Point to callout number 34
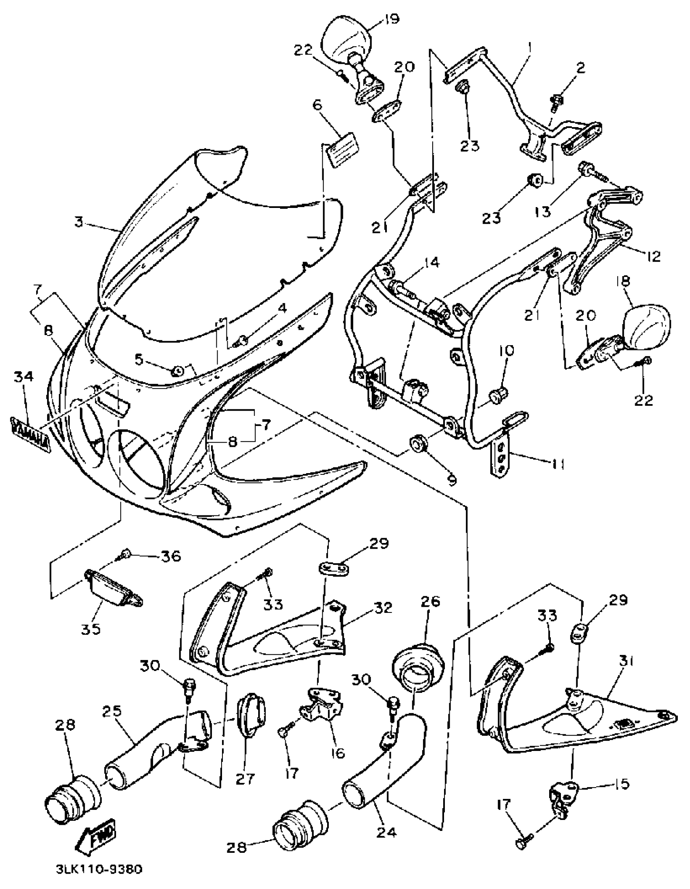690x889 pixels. click(x=24, y=377)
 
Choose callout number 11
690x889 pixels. click(x=558, y=463)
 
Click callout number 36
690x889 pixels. click(x=170, y=556)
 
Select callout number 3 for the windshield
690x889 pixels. click(x=79, y=222)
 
